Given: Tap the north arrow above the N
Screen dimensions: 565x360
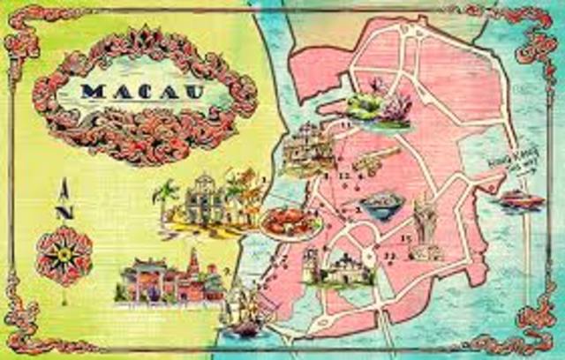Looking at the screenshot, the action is click(x=64, y=187).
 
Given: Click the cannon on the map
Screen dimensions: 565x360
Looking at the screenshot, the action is click(x=376, y=161).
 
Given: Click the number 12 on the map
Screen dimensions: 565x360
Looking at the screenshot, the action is click(x=345, y=177).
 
